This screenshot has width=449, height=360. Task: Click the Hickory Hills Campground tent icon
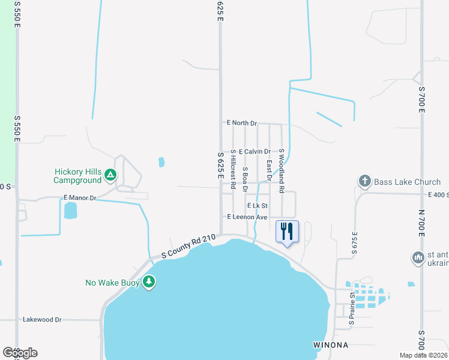110,175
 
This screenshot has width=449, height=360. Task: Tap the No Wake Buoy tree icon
148,281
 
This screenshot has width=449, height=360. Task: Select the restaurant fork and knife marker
287,230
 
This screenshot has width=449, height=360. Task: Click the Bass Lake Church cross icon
364,181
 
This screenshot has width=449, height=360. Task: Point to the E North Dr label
241,123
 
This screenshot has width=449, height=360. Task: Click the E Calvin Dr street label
254,152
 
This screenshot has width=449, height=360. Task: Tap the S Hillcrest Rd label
233,167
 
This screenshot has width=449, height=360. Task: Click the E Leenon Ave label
247,217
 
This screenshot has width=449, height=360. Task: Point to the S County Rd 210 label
188,247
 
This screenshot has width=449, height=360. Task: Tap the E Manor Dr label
79,197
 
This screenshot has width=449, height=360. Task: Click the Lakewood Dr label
42,320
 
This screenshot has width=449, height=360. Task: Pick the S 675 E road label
355,245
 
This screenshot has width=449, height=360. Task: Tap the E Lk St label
256,206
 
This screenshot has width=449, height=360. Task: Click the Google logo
20,352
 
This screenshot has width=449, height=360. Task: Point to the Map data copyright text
424,355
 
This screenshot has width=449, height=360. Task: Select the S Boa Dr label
245,179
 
